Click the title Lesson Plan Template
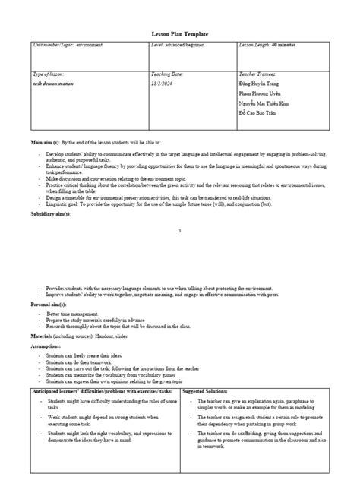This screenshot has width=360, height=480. [x=180, y=35]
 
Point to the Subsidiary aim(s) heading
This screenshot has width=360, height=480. [x=51, y=215]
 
